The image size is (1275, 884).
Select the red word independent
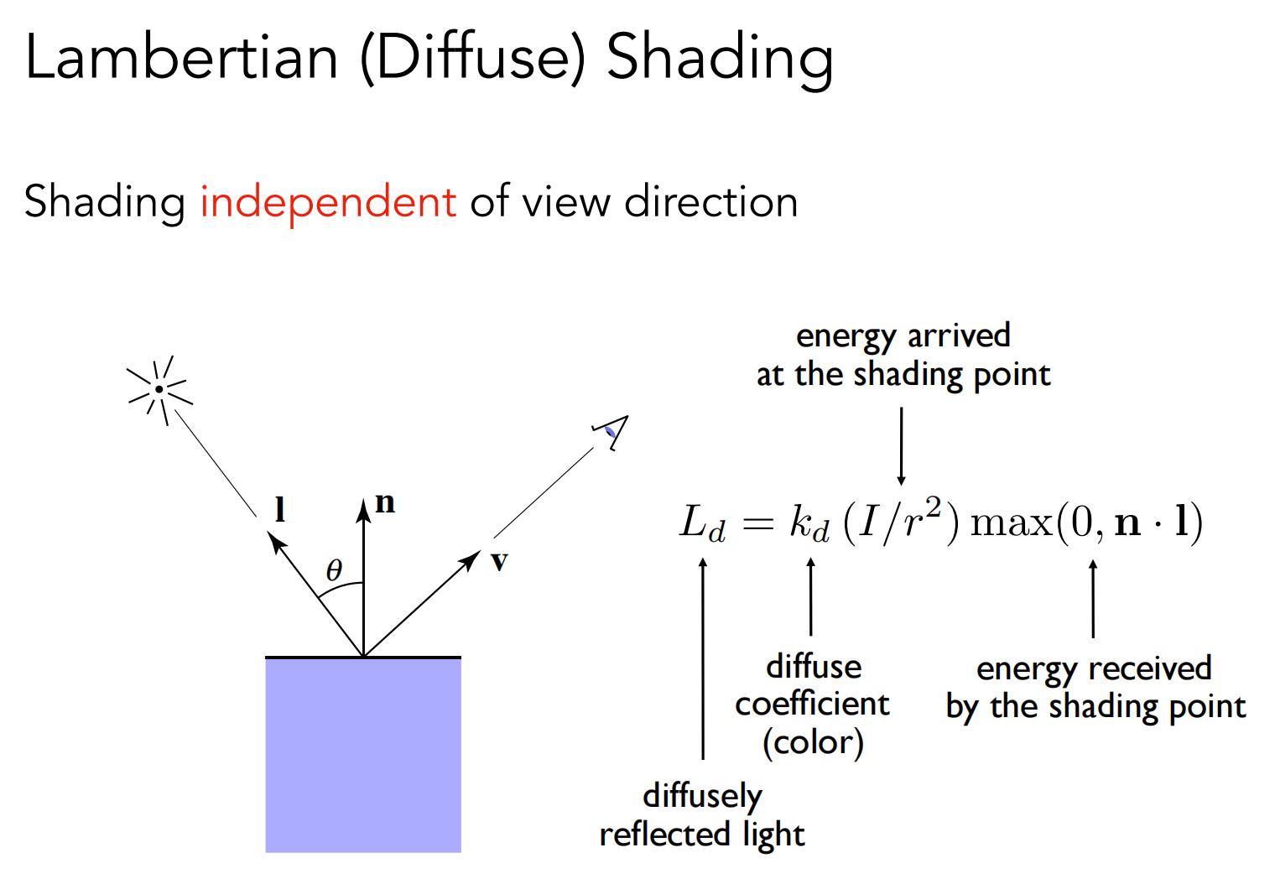[327, 202]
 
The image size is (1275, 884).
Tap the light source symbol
[159, 389]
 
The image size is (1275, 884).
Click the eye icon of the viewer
[611, 431]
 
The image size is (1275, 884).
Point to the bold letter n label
[385, 502]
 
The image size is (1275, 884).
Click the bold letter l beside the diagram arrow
[280, 509]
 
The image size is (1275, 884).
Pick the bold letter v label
[499, 561]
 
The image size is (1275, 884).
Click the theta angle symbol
[334, 570]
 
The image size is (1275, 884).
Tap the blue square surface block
[363, 755]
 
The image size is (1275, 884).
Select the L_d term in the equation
[701, 523]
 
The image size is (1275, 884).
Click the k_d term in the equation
[809, 523]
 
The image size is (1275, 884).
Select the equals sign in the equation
[757, 524]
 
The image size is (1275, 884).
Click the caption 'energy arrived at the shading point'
[903, 355]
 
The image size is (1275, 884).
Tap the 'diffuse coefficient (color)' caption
[812, 705]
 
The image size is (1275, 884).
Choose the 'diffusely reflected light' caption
[702, 814]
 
